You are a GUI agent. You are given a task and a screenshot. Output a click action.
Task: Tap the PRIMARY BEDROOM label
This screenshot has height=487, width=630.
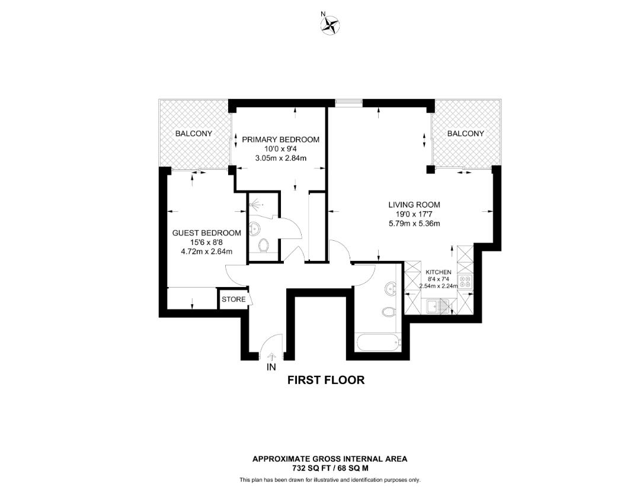pyautogui.click(x=280, y=140)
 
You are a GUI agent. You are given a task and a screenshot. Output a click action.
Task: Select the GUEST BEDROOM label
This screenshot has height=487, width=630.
pyautogui.click(x=206, y=233)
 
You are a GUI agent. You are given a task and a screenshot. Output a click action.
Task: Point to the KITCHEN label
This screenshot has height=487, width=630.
pyautogui.click(x=439, y=272)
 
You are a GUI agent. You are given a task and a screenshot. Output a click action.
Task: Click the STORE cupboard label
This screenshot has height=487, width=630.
pyautogui.click(x=234, y=299)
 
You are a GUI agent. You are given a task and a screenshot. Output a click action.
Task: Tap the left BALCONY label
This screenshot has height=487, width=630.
pyautogui.click(x=193, y=134)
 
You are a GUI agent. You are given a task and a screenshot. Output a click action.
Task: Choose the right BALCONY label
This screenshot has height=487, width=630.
pyautogui.click(x=465, y=134)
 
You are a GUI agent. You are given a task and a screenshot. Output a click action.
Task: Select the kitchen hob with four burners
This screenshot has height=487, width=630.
pyautogui.click(x=465, y=283)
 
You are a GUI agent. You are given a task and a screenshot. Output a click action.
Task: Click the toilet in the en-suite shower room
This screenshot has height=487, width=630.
pyautogui.click(x=264, y=244)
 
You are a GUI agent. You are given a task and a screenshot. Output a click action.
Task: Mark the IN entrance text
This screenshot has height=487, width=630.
pyautogui.click(x=271, y=367)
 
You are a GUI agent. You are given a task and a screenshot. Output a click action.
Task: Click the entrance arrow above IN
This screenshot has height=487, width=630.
pyautogui.click(x=272, y=356)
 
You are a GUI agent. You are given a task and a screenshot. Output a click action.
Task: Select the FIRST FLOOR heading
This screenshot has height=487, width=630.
pyautogui.click(x=326, y=380)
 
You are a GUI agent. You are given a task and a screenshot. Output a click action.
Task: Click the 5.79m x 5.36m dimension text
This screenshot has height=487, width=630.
pyautogui.click(x=414, y=224)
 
